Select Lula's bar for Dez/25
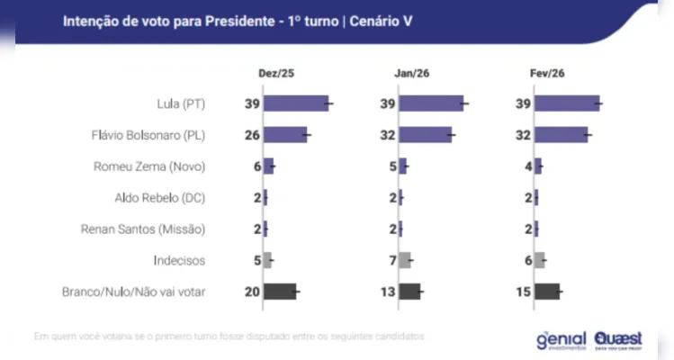[296, 104]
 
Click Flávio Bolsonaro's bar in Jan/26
[425, 135]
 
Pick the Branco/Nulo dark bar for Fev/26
[546, 291]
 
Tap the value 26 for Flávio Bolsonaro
[252, 135]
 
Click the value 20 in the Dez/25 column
[252, 291]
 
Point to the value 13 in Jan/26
[388, 291]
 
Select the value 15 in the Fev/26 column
[523, 291]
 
